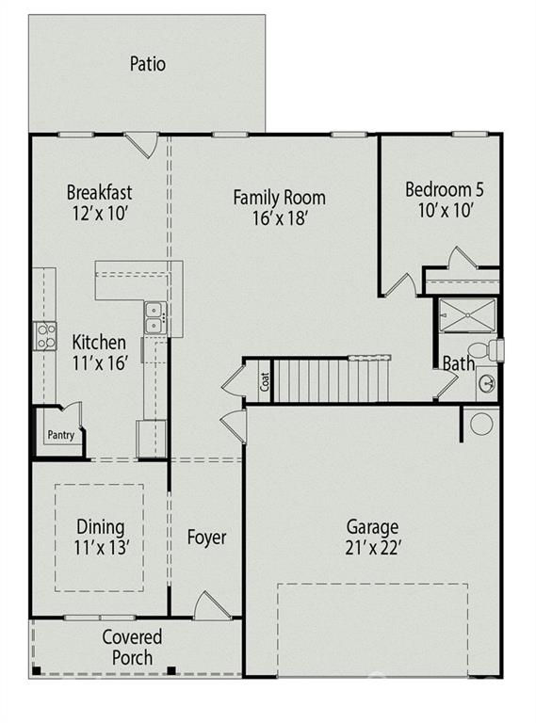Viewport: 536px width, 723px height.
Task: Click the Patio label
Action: (x=147, y=64)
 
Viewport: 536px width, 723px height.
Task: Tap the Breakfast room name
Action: (x=99, y=192)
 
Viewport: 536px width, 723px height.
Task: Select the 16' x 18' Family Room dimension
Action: (x=279, y=217)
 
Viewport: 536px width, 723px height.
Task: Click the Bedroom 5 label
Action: (x=445, y=189)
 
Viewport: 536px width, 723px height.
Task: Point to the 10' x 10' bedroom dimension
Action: (x=445, y=210)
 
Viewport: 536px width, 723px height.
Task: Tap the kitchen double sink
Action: (x=154, y=318)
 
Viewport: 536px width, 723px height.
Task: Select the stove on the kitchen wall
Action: (x=44, y=335)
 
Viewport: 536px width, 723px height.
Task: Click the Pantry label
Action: (x=59, y=435)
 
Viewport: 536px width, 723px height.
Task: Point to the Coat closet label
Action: (x=266, y=382)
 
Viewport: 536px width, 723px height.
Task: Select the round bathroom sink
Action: (x=487, y=382)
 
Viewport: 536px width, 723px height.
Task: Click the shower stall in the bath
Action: (x=467, y=315)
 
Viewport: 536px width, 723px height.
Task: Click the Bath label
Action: (x=459, y=363)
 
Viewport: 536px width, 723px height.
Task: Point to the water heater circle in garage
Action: (x=481, y=424)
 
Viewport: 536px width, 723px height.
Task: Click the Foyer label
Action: (x=206, y=538)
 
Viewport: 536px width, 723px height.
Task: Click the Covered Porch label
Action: (x=132, y=648)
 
